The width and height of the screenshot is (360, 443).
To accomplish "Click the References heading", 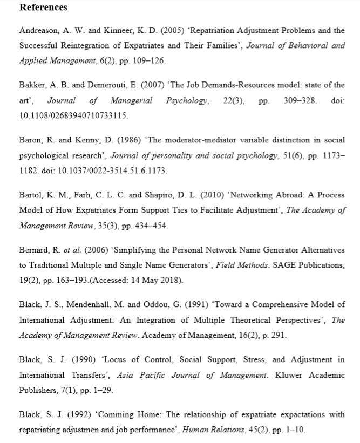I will click(x=43, y=8).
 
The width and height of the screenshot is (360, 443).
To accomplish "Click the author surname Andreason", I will click(x=39, y=31).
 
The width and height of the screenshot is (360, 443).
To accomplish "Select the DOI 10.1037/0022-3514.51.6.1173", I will click(x=120, y=171).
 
